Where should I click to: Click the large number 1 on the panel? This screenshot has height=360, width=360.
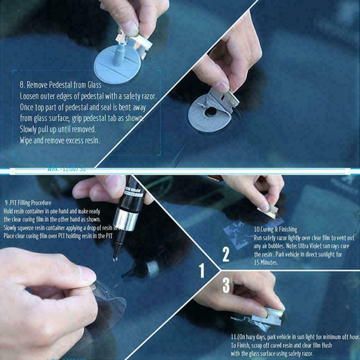pyautogui.click(x=202, y=270)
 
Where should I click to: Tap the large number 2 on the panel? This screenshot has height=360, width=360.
pyautogui.click(x=226, y=255)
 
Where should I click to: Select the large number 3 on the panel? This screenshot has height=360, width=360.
pyautogui.click(x=226, y=285)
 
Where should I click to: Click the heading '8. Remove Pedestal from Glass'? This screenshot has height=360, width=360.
pyautogui.click(x=60, y=85)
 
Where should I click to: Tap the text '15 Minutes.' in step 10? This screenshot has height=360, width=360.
pyautogui.click(x=266, y=262)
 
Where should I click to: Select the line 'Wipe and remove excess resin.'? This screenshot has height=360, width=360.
pyautogui.click(x=59, y=140)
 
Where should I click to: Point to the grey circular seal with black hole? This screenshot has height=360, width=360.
pyautogui.click(x=208, y=112)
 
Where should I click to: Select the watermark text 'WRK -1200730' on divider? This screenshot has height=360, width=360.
pyautogui.click(x=66, y=170)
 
